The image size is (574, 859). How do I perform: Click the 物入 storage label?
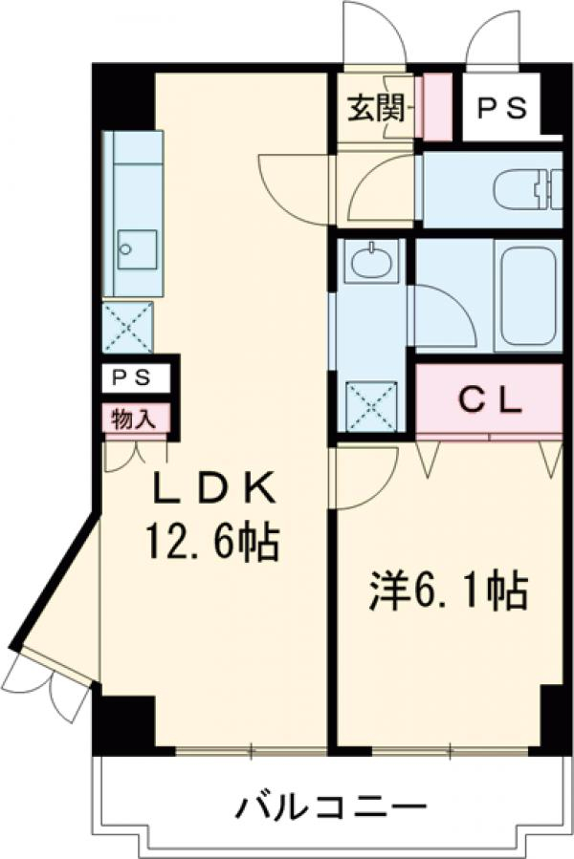[137, 418]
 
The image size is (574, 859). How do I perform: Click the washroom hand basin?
[370, 260]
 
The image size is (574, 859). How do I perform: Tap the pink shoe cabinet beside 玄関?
[436, 103]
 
